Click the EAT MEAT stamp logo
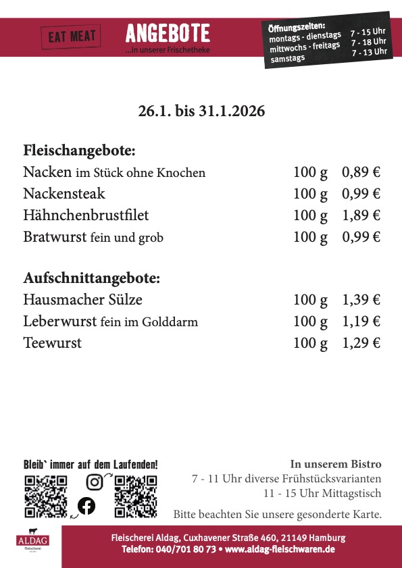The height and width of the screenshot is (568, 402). coord(71,36)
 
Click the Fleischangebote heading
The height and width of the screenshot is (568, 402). coord(80,150)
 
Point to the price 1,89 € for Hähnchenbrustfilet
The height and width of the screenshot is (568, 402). coord(361,215)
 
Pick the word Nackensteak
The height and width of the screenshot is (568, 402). coord(64,194)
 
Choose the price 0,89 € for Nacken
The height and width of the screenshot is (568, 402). coord(361,172)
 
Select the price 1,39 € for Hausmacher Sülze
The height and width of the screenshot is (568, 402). coord(361,300)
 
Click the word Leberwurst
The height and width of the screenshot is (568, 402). coord(59,321)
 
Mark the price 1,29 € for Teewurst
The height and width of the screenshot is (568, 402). coord(361,343)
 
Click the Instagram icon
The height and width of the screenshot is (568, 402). coord(95,482)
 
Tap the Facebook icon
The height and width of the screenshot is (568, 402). coord(86,505)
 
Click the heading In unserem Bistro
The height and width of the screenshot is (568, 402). coord(336,464)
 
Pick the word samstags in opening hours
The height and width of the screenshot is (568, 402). coord(288,58)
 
